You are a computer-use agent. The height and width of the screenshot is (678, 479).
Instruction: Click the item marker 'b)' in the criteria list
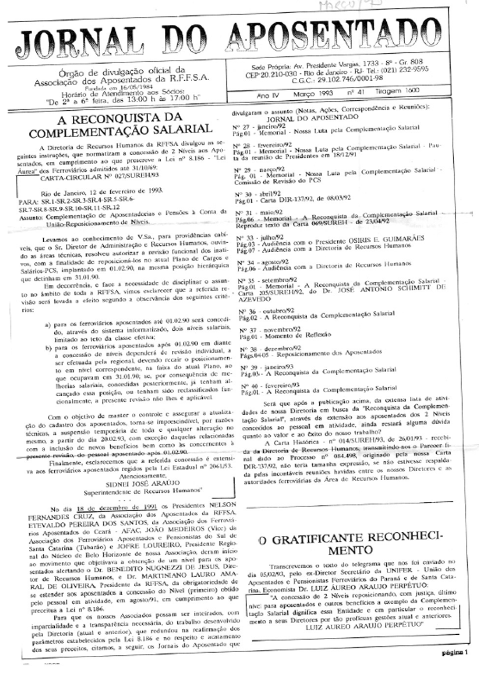point(48,348)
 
